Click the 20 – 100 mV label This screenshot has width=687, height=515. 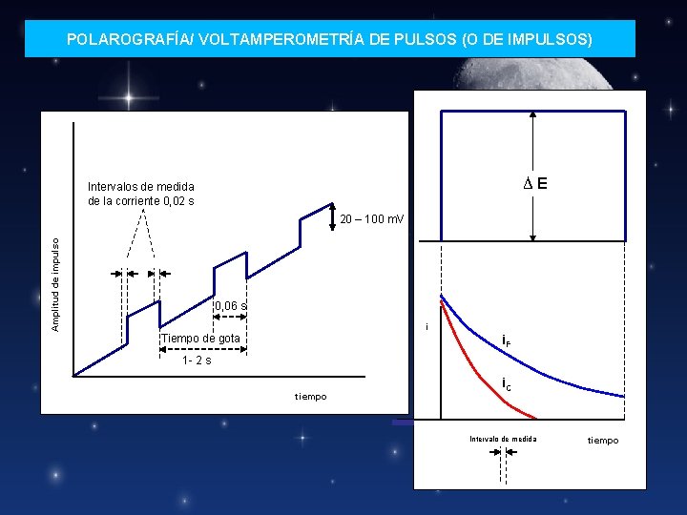click(371, 219)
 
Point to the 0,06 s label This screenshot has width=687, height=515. click(231, 306)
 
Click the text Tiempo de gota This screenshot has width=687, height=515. click(201, 339)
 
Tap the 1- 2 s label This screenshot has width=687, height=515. click(198, 360)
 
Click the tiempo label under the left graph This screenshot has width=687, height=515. click(310, 396)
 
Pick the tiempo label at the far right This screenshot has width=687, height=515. click(602, 440)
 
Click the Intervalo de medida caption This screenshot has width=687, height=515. click(503, 439)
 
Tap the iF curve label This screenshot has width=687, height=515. click(506, 340)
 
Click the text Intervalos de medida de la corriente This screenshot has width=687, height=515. click(141, 194)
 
